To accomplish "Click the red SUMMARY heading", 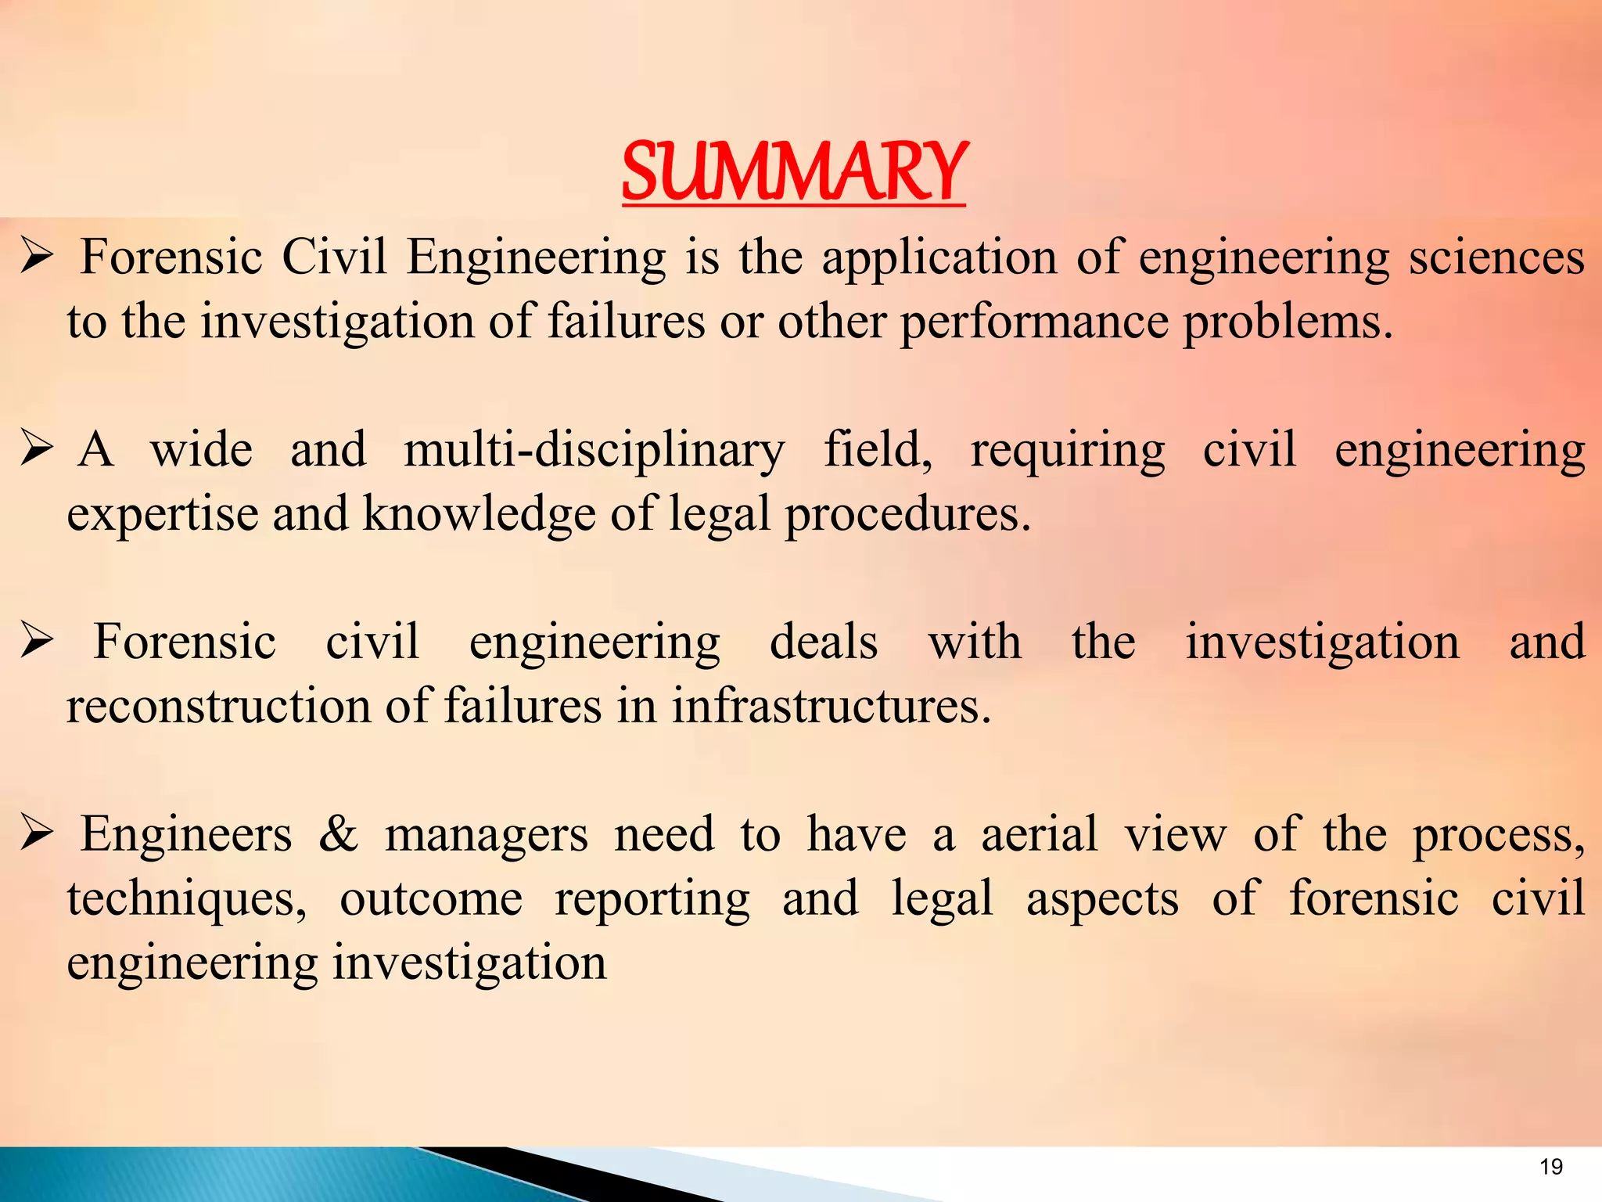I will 794,171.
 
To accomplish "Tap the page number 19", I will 1550,1167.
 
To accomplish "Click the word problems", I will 1288,322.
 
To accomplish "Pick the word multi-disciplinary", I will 594,451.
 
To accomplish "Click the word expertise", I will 163,515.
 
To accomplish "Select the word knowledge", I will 479,515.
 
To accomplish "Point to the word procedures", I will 907,515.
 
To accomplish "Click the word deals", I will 824,642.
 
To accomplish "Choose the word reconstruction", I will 218,706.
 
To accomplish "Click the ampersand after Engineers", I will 338,834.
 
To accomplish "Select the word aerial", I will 1040,834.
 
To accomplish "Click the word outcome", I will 431,899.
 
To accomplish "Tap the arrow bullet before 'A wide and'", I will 37,449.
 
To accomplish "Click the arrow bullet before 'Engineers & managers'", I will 37,834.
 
